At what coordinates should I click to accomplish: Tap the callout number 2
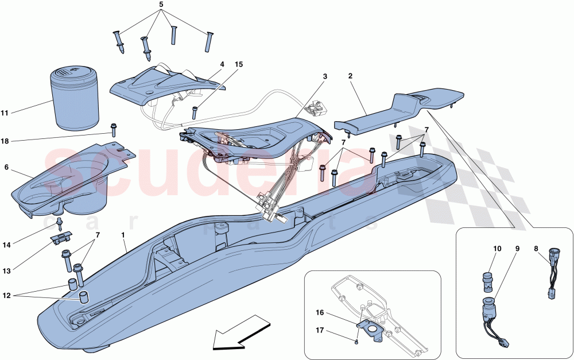click(351, 75)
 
